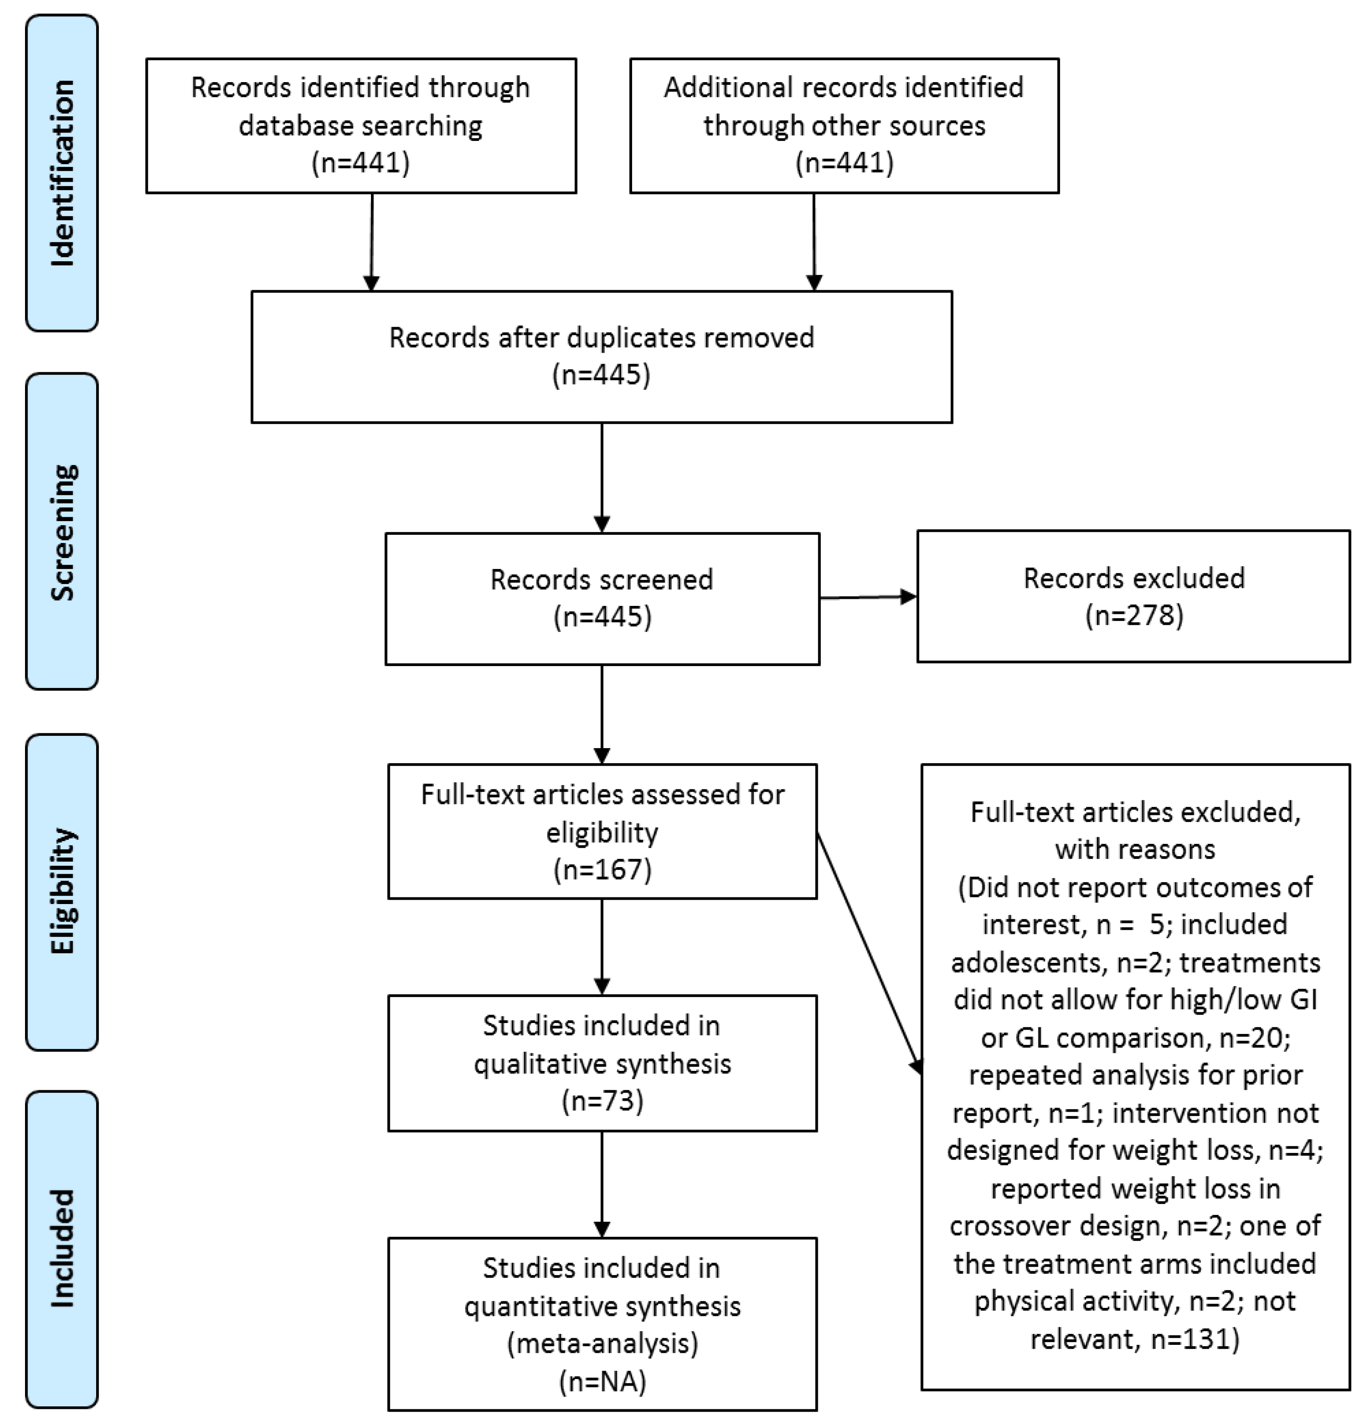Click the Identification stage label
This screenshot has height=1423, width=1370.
(x=62, y=173)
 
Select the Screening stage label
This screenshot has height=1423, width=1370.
(x=62, y=531)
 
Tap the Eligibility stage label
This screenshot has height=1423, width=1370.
(x=62, y=892)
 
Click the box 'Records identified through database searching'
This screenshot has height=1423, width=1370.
(x=361, y=126)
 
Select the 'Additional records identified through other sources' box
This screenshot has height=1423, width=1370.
(x=845, y=126)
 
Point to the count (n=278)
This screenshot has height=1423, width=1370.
(x=1134, y=616)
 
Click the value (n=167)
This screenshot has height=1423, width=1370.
(x=603, y=869)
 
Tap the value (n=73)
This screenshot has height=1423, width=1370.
(x=603, y=1101)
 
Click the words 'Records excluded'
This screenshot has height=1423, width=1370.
(x=1134, y=578)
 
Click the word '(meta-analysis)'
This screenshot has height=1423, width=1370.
(x=603, y=1343)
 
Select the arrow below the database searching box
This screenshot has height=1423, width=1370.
(x=372, y=242)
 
